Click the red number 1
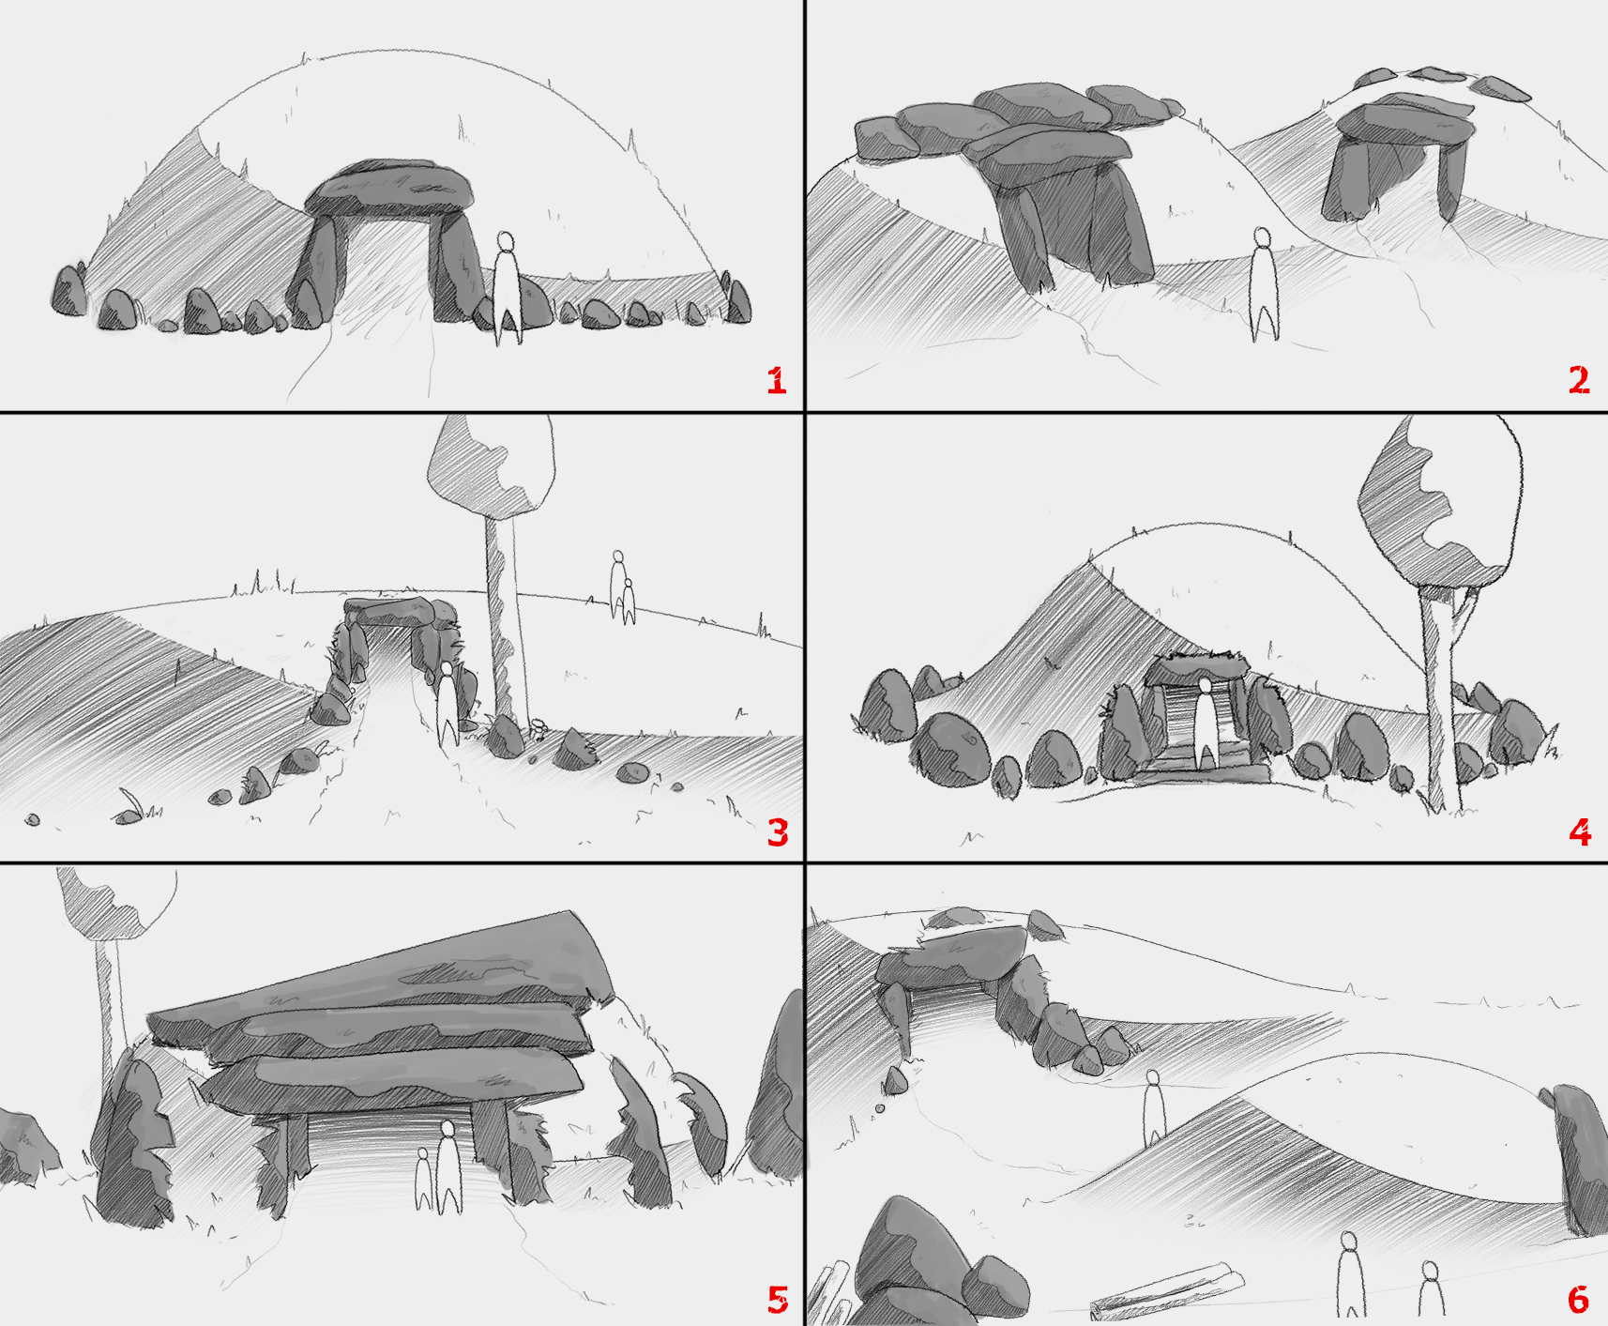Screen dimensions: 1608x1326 [776, 380]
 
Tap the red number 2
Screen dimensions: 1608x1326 [1579, 380]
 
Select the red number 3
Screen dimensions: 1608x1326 [778, 831]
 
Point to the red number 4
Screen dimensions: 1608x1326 [1580, 831]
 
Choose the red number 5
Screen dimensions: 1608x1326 [778, 1299]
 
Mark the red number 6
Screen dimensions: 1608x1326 [1579, 1299]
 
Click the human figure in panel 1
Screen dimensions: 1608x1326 [507, 288]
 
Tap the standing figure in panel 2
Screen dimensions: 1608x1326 [1264, 283]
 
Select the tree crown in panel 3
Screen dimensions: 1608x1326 [491, 465]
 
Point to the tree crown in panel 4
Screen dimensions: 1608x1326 [1440, 502]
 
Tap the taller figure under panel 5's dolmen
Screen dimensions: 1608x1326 [449, 1166]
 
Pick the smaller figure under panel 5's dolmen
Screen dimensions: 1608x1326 [423, 1179]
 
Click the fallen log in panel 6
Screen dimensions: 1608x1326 [1167, 1290]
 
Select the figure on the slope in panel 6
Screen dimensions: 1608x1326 [1153, 1108]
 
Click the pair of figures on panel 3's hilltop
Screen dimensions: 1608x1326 [622, 587]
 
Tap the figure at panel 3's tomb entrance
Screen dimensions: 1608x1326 [448, 704]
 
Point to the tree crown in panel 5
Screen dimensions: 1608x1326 [117, 903]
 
